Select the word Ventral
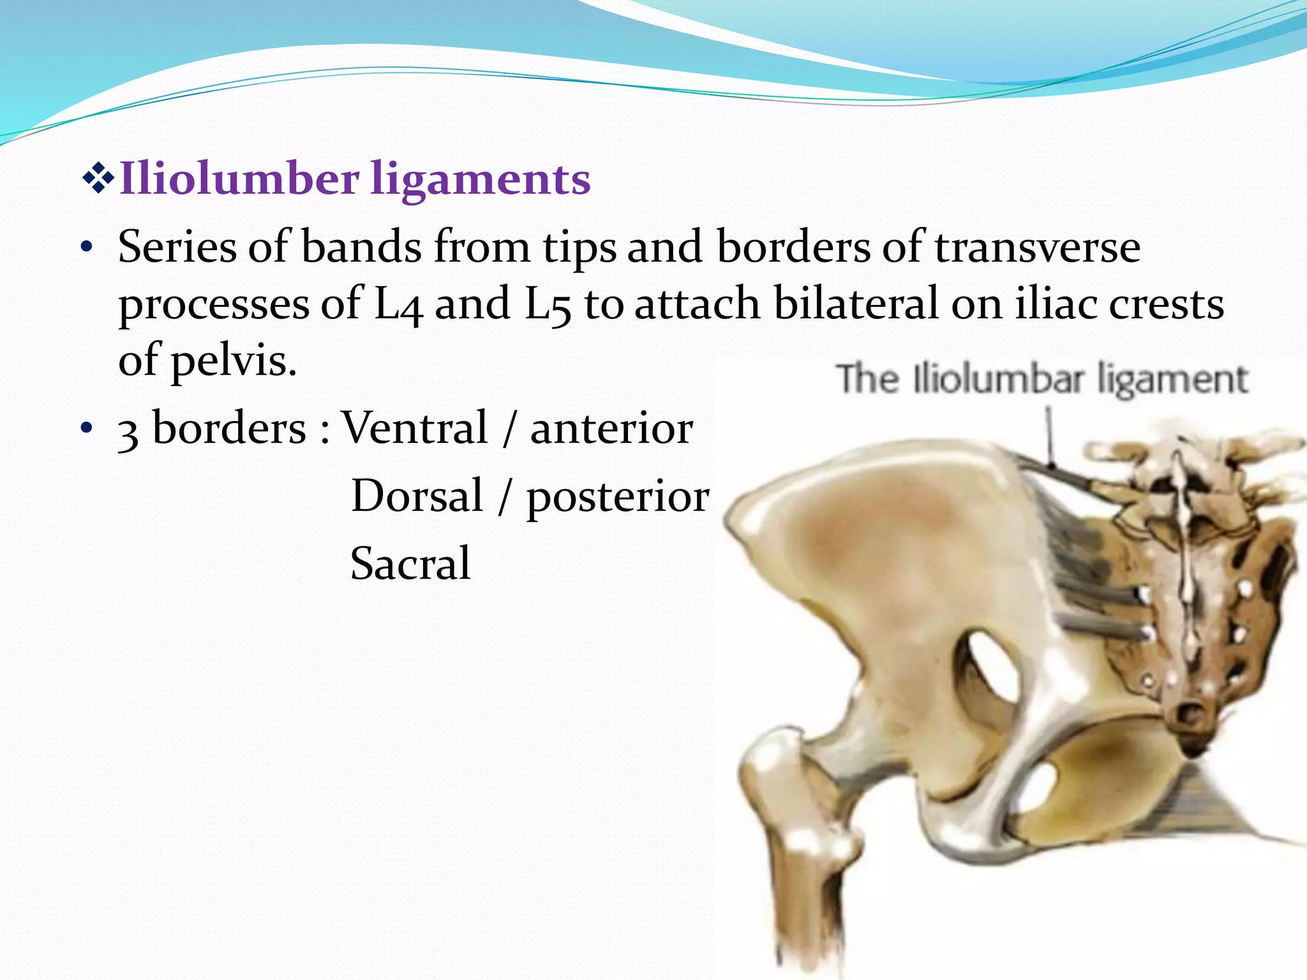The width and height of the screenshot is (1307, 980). click(x=415, y=428)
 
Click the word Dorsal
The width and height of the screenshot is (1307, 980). click(x=417, y=496)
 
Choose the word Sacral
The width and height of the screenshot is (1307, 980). click(x=410, y=564)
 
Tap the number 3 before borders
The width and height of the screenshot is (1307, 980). click(x=128, y=432)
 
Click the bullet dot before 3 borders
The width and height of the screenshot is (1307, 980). click(x=87, y=428)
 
